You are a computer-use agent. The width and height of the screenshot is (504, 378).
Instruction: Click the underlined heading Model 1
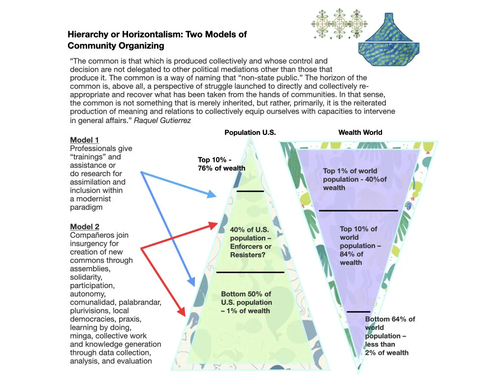coord(84,140)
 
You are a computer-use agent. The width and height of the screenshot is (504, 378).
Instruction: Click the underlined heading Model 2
coord(85,226)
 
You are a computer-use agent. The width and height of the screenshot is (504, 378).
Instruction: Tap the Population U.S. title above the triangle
coord(250,132)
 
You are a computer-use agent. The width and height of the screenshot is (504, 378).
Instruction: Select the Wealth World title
coord(360,132)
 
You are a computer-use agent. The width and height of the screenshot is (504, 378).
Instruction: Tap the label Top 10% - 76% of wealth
coord(221,164)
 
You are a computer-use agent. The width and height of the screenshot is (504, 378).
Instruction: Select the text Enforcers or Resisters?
coord(251,251)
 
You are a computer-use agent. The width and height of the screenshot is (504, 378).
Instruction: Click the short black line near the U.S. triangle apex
coord(250,191)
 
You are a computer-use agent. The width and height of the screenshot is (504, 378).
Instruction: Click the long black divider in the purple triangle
coord(358,211)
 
